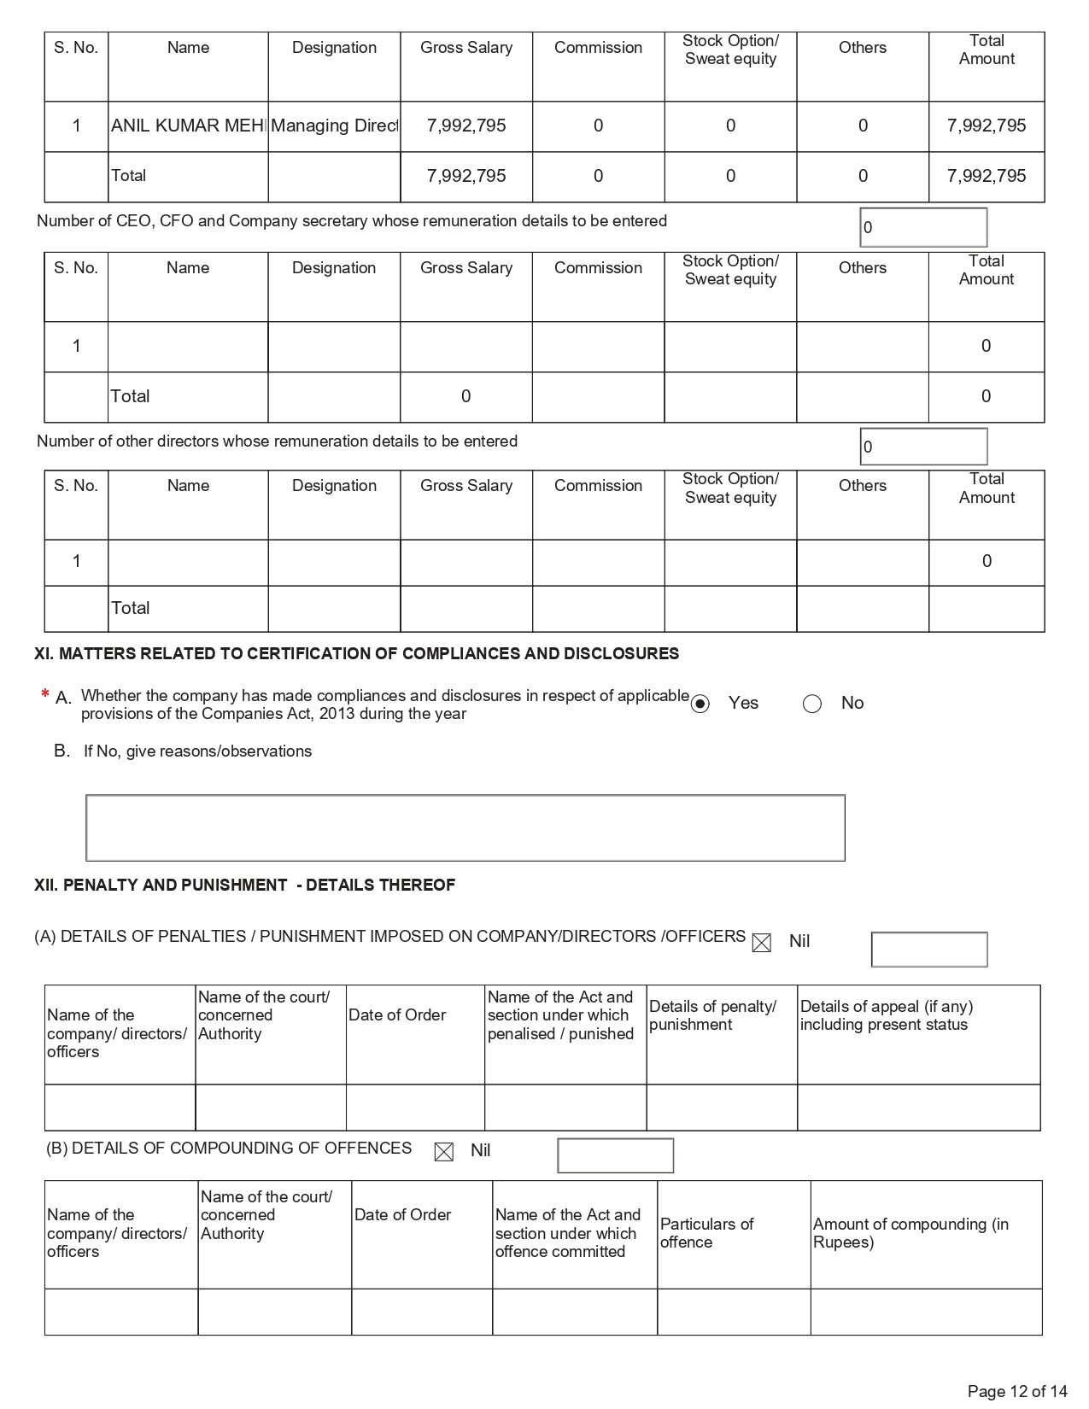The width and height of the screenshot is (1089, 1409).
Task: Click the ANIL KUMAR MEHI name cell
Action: click(188, 126)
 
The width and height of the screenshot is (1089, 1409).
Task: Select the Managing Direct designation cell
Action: click(334, 126)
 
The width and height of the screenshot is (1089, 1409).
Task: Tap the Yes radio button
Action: click(700, 704)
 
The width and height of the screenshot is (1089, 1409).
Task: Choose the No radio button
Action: click(812, 704)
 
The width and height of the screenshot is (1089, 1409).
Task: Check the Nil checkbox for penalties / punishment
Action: click(761, 943)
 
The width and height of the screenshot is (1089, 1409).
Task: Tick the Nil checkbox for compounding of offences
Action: click(444, 1152)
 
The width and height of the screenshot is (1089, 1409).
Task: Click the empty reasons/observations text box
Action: click(465, 827)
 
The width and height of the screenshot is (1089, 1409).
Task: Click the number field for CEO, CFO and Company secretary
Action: click(923, 227)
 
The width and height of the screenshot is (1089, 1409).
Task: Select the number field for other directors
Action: click(923, 447)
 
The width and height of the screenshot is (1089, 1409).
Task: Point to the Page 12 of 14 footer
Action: click(1017, 1391)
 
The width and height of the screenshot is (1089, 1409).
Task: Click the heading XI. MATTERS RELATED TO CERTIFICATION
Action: click(356, 654)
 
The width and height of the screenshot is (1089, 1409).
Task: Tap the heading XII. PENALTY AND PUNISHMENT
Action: click(244, 886)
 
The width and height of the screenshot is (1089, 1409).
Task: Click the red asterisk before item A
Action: click(44, 695)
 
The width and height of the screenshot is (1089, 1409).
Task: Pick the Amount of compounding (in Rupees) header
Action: click(910, 1233)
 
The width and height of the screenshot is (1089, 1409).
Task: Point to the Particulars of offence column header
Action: click(706, 1233)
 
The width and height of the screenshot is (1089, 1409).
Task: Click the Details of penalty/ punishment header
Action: click(712, 1015)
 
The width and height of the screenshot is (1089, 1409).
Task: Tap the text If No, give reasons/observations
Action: click(197, 751)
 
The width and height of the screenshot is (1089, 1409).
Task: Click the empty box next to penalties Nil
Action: click(929, 950)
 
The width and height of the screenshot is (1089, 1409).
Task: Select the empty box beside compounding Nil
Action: click(615, 1155)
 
